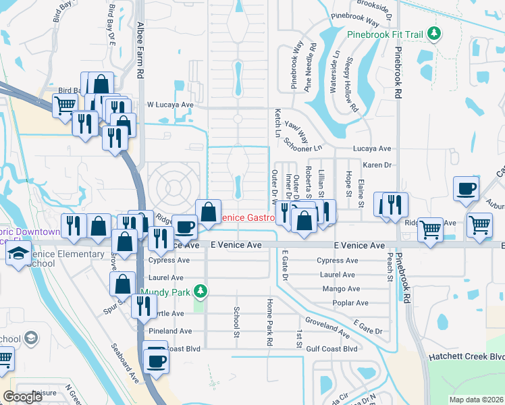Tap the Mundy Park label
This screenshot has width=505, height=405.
coord(166,292)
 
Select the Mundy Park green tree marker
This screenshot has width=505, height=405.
coord(199,292)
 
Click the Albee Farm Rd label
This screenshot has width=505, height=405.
coord(140,49)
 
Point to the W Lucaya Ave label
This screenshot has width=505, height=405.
coord(170,105)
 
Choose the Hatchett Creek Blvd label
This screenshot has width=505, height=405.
coord(467,356)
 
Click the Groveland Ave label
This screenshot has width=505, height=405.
coord(327,327)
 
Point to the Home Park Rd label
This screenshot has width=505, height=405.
coord(269,322)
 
